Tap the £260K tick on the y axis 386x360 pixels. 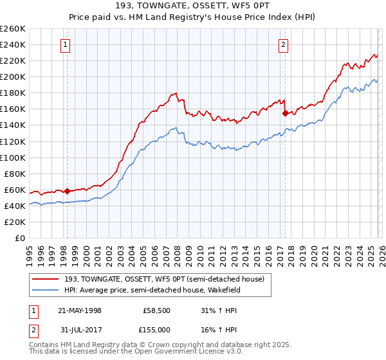(x=13, y=29)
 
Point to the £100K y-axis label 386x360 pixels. (x=13, y=157)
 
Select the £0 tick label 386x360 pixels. (x=19, y=238)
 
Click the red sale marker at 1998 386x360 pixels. (x=67, y=191)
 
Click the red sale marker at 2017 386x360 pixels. (x=285, y=113)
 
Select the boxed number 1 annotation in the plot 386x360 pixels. (x=67, y=44)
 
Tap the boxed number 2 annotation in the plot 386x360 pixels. (x=284, y=44)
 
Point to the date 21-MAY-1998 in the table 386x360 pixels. (x=80, y=310)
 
